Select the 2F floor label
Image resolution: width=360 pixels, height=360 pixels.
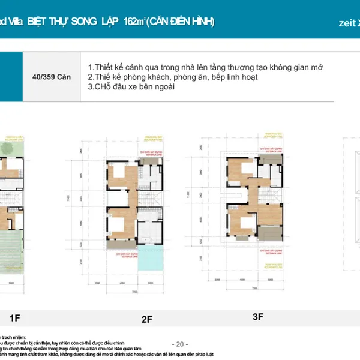tap(147, 320)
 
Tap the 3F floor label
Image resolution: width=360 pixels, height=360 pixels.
tap(257, 317)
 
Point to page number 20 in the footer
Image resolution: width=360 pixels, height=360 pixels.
tap(180, 344)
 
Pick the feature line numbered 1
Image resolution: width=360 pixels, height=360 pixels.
tap(205, 67)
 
